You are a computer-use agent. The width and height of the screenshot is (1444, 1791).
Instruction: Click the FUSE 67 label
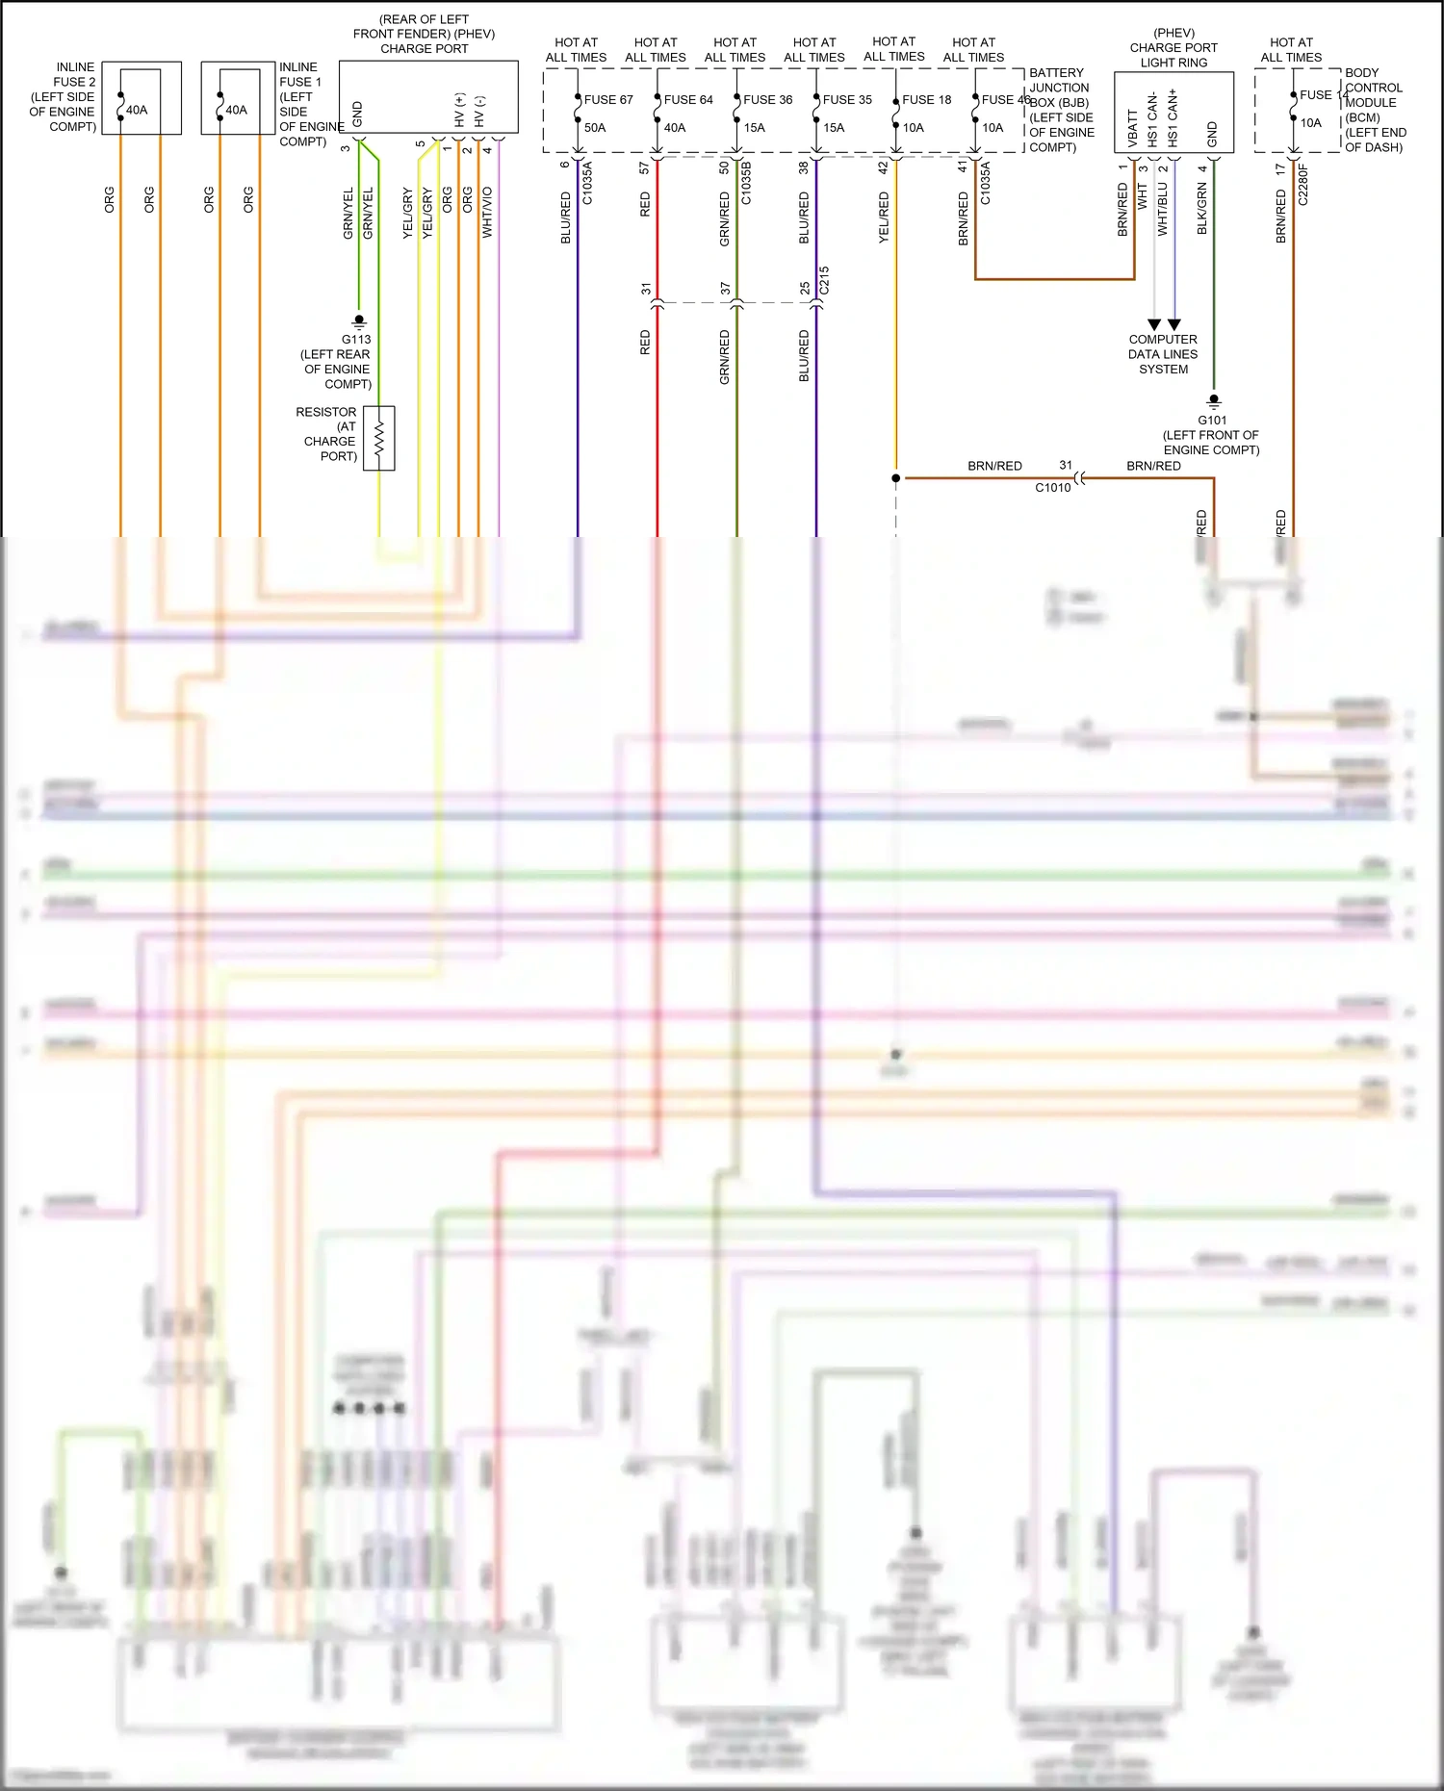pyautogui.click(x=608, y=99)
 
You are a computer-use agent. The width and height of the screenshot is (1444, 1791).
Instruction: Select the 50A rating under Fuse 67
pyautogui.click(x=595, y=127)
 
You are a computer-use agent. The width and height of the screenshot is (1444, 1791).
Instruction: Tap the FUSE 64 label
pyautogui.click(x=688, y=99)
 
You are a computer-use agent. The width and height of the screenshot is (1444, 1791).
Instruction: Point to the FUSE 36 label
pyautogui.click(x=768, y=99)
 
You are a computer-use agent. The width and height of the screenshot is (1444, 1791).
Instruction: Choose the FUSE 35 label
pyautogui.click(x=847, y=99)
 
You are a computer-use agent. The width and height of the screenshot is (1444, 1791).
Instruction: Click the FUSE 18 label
pyautogui.click(x=927, y=99)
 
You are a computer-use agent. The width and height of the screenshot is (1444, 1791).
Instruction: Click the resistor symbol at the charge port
pyautogui.click(x=379, y=439)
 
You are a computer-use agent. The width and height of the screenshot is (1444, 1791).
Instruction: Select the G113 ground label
pyautogui.click(x=356, y=339)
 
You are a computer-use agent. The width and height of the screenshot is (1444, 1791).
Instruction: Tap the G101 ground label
pyautogui.click(x=1212, y=420)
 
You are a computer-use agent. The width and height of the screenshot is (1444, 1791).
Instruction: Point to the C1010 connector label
pyautogui.click(x=1052, y=487)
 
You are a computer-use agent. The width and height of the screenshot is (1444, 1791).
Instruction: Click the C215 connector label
pyautogui.click(x=824, y=280)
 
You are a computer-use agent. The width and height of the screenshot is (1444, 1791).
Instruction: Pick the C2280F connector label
pyautogui.click(x=1303, y=184)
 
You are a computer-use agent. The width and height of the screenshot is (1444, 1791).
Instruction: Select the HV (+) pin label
pyautogui.click(x=459, y=110)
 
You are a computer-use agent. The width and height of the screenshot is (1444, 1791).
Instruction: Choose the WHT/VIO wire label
pyautogui.click(x=487, y=212)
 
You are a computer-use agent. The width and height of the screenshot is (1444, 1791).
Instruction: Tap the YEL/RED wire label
pyautogui.click(x=884, y=217)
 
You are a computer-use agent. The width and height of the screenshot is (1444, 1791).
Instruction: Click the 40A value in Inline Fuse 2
pyautogui.click(x=137, y=110)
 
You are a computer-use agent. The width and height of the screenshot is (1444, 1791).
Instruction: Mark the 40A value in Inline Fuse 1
pyautogui.click(x=237, y=110)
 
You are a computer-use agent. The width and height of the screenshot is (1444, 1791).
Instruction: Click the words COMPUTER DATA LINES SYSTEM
pyautogui.click(x=1163, y=354)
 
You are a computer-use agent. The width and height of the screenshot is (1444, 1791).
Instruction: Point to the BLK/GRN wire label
pyautogui.click(x=1202, y=209)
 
